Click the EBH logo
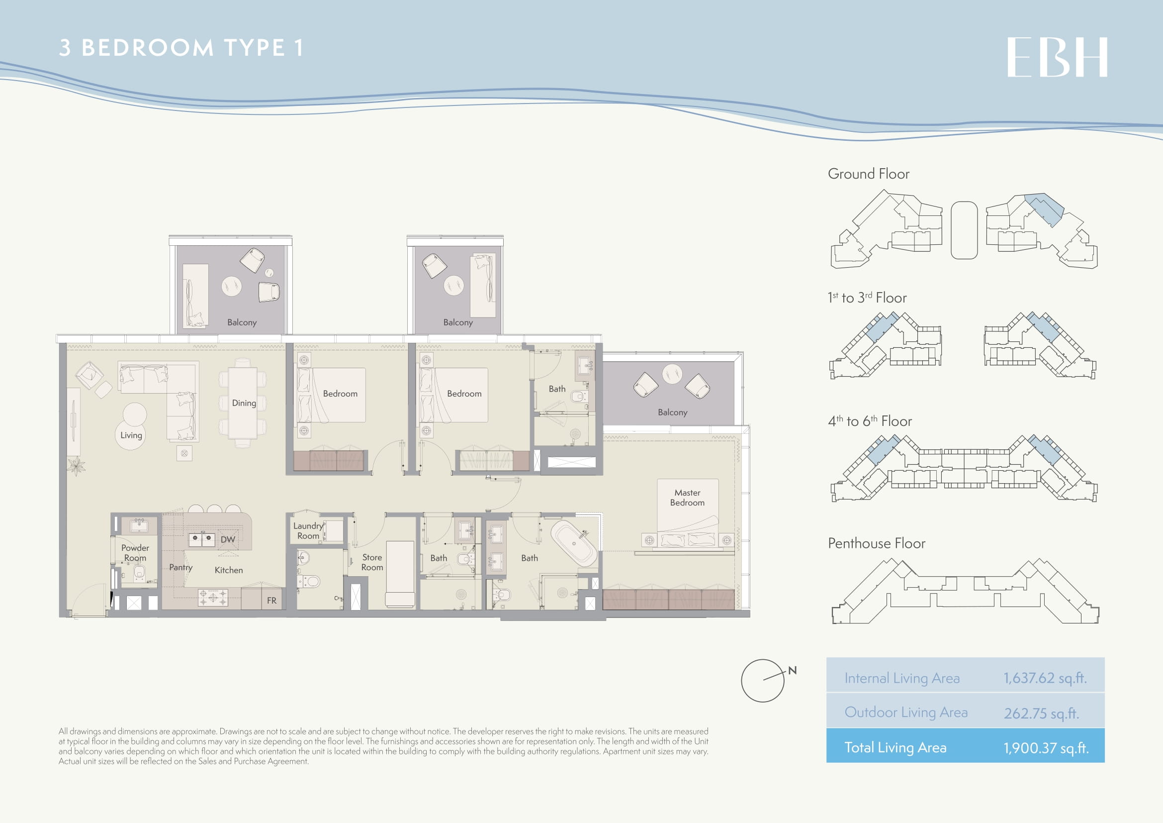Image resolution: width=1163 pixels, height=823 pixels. [x=1057, y=57]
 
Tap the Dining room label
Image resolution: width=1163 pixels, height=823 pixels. [x=244, y=403]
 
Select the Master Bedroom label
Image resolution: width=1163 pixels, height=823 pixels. [x=687, y=498]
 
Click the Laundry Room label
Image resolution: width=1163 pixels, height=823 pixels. [x=308, y=530]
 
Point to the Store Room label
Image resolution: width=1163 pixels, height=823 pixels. [x=372, y=562]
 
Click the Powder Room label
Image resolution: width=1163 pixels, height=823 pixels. [x=135, y=553]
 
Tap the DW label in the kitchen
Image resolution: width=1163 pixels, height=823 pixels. [x=228, y=540]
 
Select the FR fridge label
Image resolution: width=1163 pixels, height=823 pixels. [x=271, y=601]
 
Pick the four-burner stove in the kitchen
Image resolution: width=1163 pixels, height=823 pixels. [x=213, y=598]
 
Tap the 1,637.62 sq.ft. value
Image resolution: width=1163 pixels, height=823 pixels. [x=1045, y=678]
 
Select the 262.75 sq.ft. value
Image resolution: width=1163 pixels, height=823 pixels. [x=1042, y=713]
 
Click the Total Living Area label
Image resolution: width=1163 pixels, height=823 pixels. [x=895, y=747]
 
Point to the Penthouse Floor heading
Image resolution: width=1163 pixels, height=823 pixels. [x=876, y=543]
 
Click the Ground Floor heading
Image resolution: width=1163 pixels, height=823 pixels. [x=868, y=174]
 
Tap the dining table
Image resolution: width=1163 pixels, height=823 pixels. [x=243, y=404]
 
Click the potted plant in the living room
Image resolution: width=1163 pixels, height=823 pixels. [x=76, y=465]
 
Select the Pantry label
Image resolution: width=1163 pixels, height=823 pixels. [x=181, y=568]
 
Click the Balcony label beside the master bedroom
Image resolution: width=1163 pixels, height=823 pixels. [x=673, y=412]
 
